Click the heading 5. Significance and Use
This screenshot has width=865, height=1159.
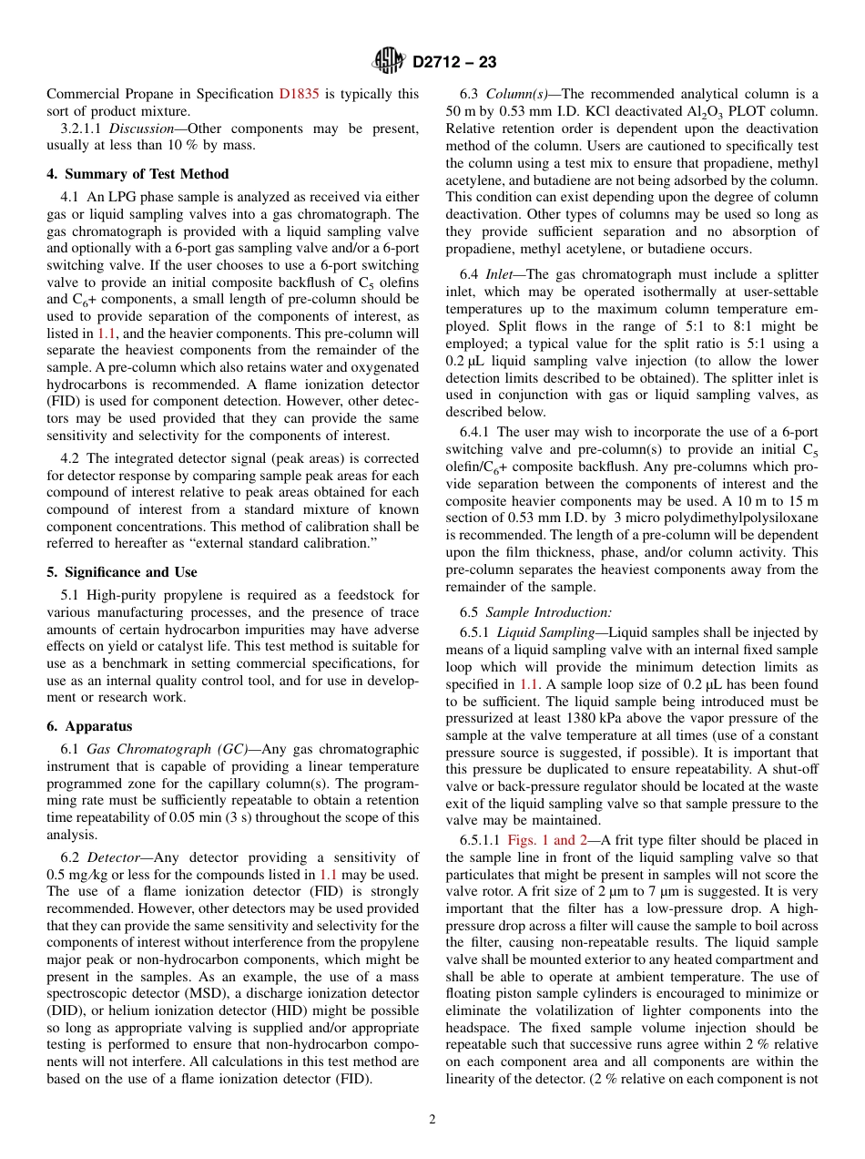tap(121, 572)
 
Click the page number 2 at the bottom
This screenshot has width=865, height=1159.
tap(432, 1120)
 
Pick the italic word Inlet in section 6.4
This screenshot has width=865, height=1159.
tap(501, 274)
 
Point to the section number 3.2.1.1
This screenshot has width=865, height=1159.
tap(83, 128)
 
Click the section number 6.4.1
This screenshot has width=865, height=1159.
tap(476, 432)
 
